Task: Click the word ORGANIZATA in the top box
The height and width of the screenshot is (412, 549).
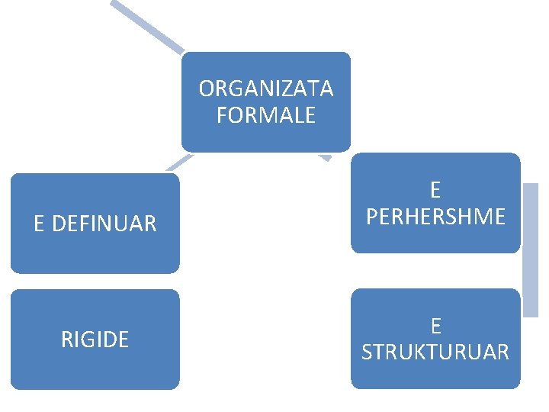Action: point(266,89)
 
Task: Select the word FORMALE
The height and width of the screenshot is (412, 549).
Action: point(266,115)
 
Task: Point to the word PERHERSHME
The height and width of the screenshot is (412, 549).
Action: point(435,217)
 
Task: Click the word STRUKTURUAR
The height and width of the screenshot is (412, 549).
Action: point(435,352)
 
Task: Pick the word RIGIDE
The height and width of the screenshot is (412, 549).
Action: point(95,340)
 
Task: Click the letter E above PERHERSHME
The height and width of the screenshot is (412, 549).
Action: point(435,190)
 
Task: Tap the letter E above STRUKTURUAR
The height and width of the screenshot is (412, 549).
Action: point(435,326)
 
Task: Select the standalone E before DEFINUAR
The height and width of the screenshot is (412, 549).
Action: point(39,224)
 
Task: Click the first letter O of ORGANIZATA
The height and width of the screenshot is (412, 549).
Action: point(206,89)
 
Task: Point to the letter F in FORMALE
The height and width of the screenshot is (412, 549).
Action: point(222,115)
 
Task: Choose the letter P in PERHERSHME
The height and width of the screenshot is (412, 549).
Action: point(371,217)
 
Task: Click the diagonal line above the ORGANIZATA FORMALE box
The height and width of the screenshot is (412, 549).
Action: point(149,27)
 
